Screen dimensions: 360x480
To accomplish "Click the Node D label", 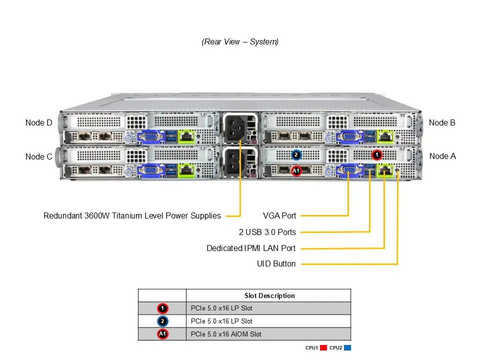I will pyautogui.click(x=38, y=122).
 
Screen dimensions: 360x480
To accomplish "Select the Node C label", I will pyautogui.click(x=38, y=156).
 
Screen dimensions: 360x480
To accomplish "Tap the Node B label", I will pyautogui.click(x=442, y=122).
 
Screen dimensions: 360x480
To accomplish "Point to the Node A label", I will pyautogui.click(x=442, y=156).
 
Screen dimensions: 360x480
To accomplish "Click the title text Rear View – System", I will pyautogui.click(x=240, y=42).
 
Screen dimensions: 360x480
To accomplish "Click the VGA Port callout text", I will pyautogui.click(x=279, y=216).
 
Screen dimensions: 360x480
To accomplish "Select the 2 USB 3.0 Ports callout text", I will pyautogui.click(x=267, y=232).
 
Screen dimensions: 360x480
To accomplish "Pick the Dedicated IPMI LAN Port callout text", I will pyautogui.click(x=251, y=248).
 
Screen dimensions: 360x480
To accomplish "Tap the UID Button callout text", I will pyautogui.click(x=276, y=263).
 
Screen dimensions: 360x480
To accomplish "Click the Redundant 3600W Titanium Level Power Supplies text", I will pyautogui.click(x=132, y=216).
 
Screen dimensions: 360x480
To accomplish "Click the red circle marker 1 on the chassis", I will pyautogui.click(x=377, y=154).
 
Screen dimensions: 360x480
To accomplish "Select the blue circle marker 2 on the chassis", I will pyautogui.click(x=296, y=154).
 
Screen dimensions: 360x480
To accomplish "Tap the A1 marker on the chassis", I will pyautogui.click(x=296, y=171).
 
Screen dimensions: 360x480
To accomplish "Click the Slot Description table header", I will pyautogui.click(x=269, y=295).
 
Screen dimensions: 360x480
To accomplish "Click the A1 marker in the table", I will pyautogui.click(x=162, y=334).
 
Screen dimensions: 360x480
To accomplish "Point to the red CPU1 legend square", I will pyautogui.click(x=323, y=347).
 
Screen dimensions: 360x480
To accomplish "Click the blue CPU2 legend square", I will pyautogui.click(x=347, y=347).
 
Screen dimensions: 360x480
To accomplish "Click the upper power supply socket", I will pyautogui.click(x=235, y=127).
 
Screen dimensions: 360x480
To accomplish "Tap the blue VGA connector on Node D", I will pyautogui.click(x=149, y=136).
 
